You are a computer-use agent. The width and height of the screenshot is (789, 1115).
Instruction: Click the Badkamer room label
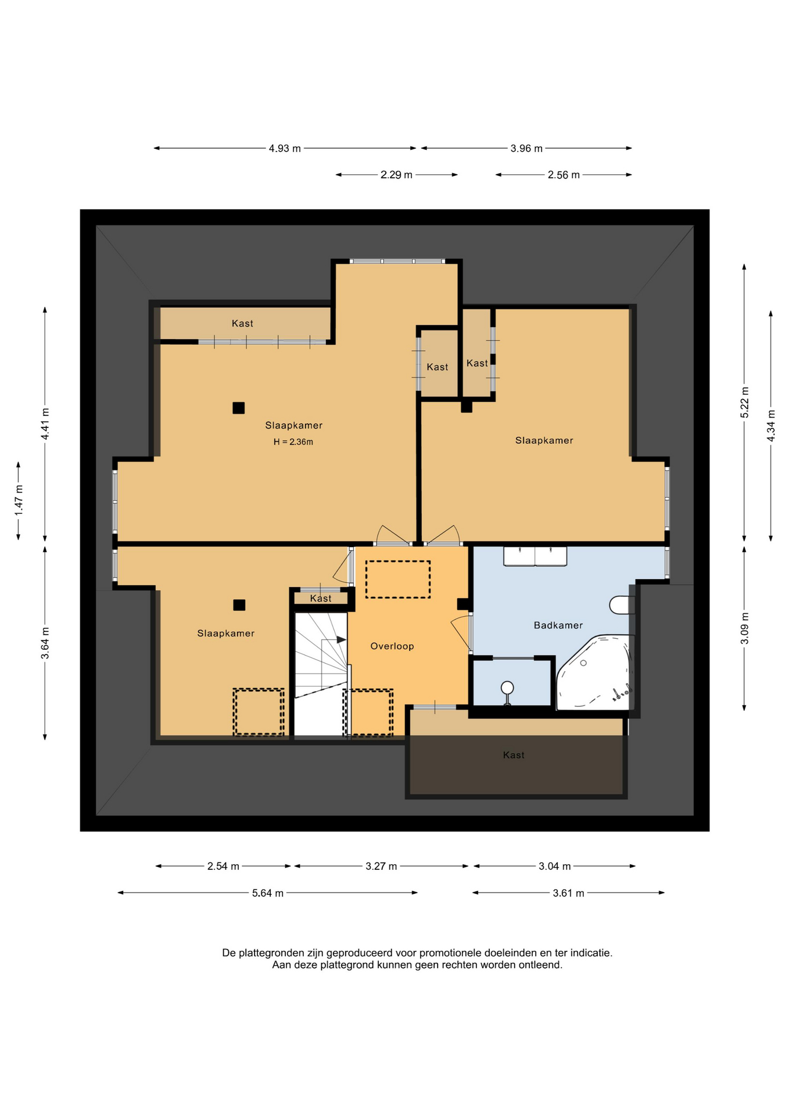pos(558,625)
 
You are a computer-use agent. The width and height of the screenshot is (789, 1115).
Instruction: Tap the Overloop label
pos(392,646)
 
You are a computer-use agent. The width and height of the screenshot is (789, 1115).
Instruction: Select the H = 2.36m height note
pos(293,442)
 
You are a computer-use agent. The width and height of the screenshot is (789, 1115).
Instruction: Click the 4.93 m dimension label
pos(285,149)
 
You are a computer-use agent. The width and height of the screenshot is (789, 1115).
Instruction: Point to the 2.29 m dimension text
pos(396,175)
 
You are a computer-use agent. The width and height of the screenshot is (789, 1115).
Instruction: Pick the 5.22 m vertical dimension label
pos(744,402)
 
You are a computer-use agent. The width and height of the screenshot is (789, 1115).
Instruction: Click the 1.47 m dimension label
pos(19,500)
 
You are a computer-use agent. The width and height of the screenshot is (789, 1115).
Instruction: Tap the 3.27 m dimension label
pos(381,866)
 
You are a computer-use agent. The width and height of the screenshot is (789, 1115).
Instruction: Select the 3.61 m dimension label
pos(568,893)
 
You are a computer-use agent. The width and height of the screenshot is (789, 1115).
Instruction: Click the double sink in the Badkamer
pos(535,556)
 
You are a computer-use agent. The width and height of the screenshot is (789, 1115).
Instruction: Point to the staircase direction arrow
pos(342,639)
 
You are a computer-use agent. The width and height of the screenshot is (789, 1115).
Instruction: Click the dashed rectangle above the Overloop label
pos(398,579)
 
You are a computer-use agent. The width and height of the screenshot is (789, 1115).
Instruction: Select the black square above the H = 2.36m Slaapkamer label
pos(238,408)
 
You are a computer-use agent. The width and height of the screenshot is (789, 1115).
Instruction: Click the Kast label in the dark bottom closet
pos(514,755)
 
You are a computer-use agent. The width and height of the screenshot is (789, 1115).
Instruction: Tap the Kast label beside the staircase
pos(321,598)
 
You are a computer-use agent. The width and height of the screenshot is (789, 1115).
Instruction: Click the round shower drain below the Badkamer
pos(507,688)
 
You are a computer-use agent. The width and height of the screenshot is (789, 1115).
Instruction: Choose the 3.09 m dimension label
pos(744,628)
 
